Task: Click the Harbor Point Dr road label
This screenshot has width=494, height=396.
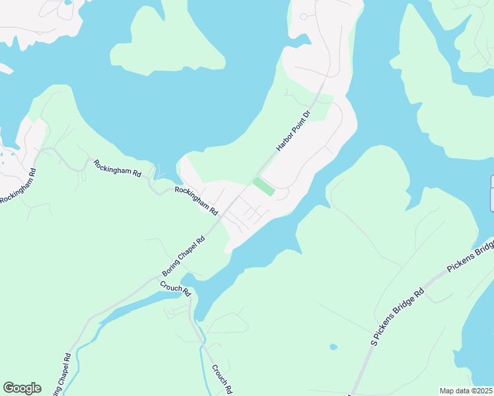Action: pyautogui.click(x=293, y=131)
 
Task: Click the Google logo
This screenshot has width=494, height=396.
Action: pyautogui.click(x=22, y=388)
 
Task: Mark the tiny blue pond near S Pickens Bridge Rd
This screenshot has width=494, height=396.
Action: pyautogui.click(x=334, y=346)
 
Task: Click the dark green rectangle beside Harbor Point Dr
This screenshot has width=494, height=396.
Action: pyautogui.click(x=264, y=185)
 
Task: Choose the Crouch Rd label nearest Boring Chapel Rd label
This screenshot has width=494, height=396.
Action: pyautogui.click(x=175, y=288)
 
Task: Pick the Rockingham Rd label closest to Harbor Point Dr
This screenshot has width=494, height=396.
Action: pyautogui.click(x=196, y=200)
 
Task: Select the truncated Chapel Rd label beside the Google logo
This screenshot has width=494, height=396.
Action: pyautogui.click(x=60, y=376)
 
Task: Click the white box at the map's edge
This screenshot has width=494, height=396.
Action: pyautogui.click(x=491, y=194)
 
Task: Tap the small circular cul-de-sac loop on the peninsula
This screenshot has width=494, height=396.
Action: pyautogui.click(x=304, y=16)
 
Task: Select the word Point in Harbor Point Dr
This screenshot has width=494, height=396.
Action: pyautogui.click(x=294, y=129)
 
